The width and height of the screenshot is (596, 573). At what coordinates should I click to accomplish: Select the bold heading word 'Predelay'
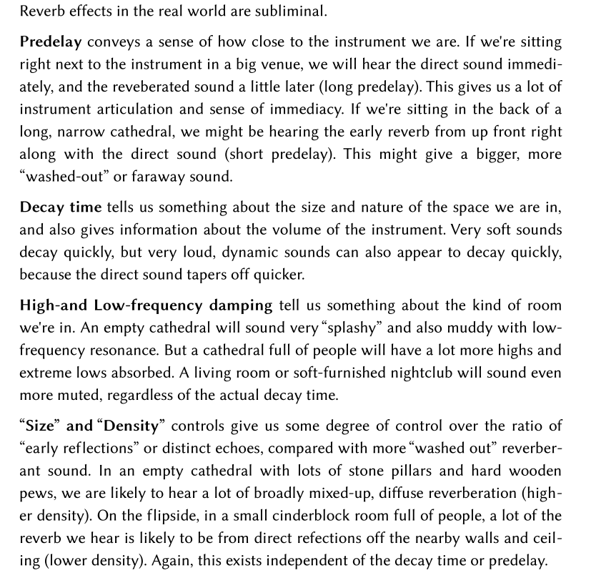48,42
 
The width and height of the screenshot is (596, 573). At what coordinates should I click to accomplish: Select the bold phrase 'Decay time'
60,207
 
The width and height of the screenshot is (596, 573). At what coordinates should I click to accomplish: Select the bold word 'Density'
131,426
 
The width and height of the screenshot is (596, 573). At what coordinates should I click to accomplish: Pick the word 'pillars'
389,471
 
